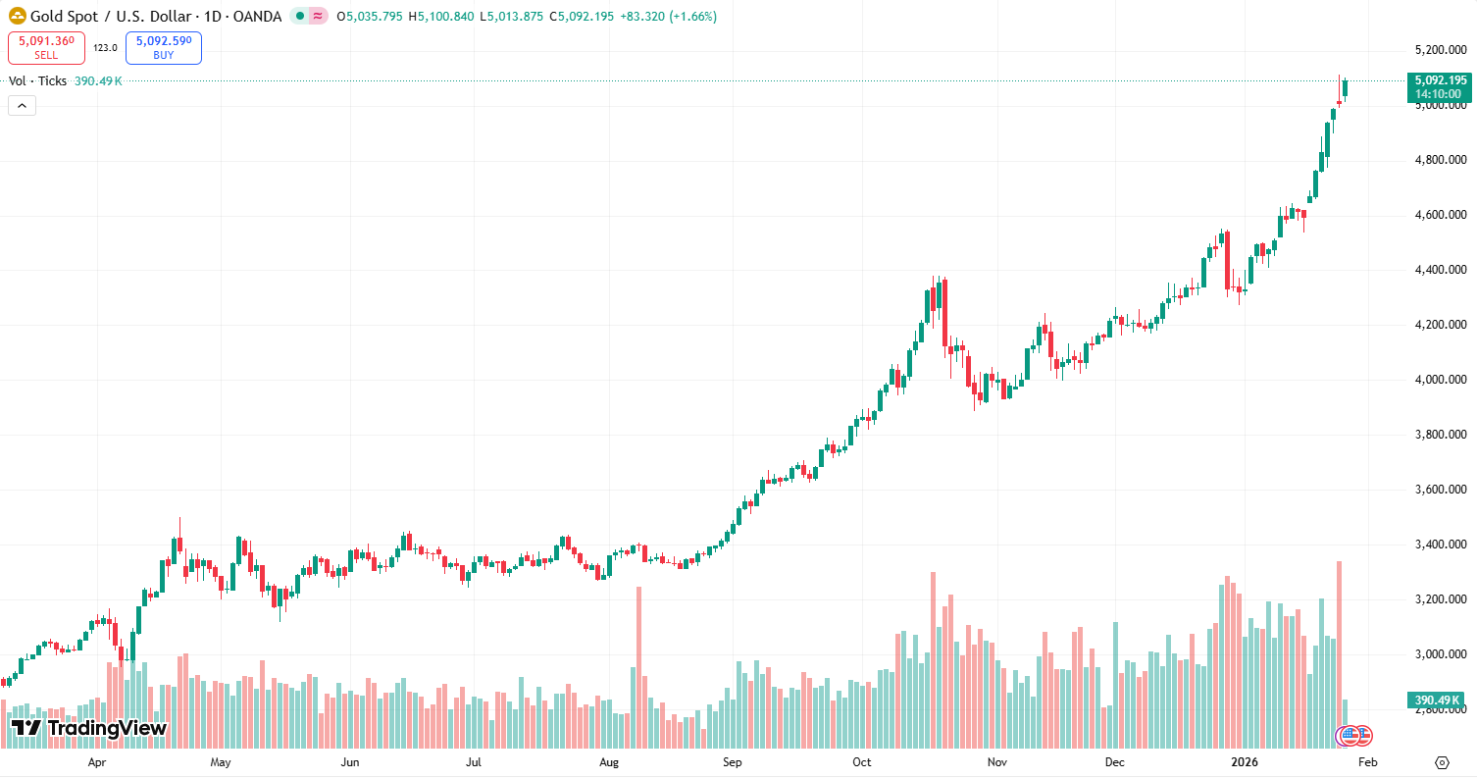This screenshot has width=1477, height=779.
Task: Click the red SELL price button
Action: pos(46,47)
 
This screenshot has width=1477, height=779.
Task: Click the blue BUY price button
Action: pos(164,47)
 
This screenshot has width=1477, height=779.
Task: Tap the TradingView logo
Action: pos(89,728)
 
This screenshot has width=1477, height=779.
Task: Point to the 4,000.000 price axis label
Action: pos(1438,380)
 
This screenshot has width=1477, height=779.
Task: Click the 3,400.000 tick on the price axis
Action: pos(1438,545)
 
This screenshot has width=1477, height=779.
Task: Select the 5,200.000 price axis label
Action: pos(1438,50)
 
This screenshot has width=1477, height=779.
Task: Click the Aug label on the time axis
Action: pos(609,762)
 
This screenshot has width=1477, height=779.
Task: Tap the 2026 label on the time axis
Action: pos(1245,762)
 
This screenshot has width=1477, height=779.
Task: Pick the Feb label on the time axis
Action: pos(1368,762)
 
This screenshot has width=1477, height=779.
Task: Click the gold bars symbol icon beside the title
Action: pos(17,17)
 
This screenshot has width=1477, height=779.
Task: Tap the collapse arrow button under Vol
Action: pos(22,106)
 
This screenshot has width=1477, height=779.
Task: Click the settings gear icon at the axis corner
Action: pos(1442,762)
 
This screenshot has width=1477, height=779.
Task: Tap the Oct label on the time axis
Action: pos(862,762)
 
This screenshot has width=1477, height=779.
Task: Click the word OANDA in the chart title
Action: pos(259,17)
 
